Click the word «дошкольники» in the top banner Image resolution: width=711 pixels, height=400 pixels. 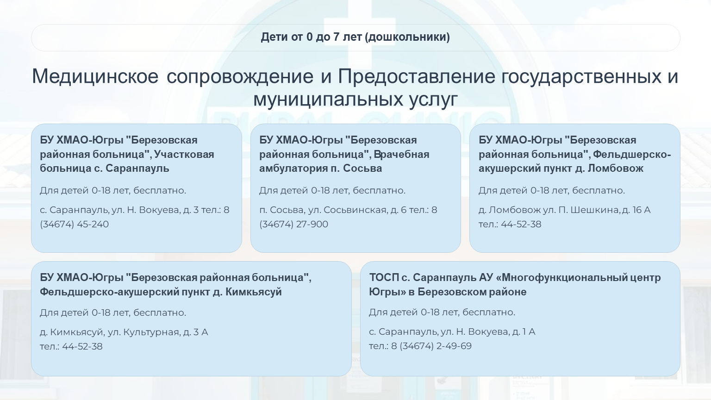coord(407,37)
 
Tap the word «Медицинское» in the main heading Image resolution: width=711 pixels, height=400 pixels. coord(95,76)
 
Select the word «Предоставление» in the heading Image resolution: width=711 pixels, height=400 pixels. coord(416,77)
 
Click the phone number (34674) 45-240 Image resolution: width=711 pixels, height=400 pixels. coord(74,224)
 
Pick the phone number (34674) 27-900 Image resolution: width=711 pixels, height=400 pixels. coord(293,224)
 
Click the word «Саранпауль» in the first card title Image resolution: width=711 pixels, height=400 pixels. coord(137,168)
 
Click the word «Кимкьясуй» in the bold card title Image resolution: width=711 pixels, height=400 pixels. coord(254,292)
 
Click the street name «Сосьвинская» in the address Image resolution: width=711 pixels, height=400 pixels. coord(355,210)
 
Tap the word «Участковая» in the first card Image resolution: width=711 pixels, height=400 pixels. coord(184,155)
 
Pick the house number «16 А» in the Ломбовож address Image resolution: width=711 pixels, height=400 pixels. coord(642,210)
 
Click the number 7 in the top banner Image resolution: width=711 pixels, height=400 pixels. coord(337,37)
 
